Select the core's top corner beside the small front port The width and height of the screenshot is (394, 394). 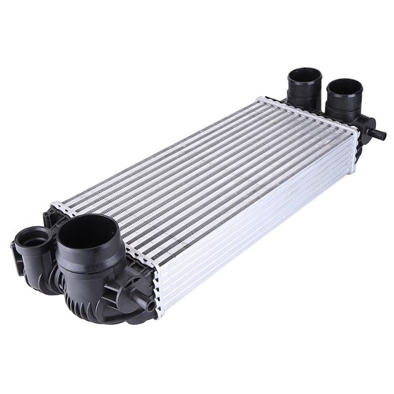point(54,206)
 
